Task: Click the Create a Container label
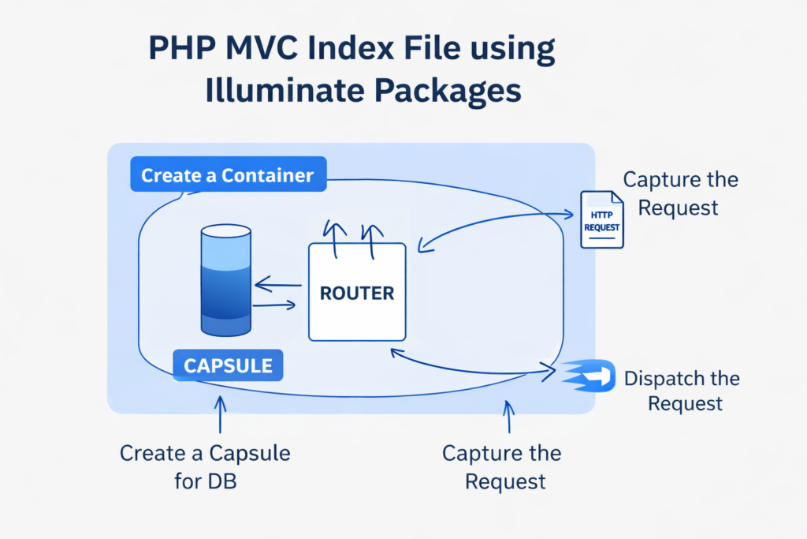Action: (x=227, y=175)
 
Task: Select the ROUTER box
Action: (x=357, y=293)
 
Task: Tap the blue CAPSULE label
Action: (x=228, y=365)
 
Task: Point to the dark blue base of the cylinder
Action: (x=227, y=320)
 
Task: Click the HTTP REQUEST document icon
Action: (x=601, y=219)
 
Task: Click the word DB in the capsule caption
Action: (x=222, y=481)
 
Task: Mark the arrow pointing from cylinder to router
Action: (x=274, y=304)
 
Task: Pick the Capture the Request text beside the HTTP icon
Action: (x=680, y=193)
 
